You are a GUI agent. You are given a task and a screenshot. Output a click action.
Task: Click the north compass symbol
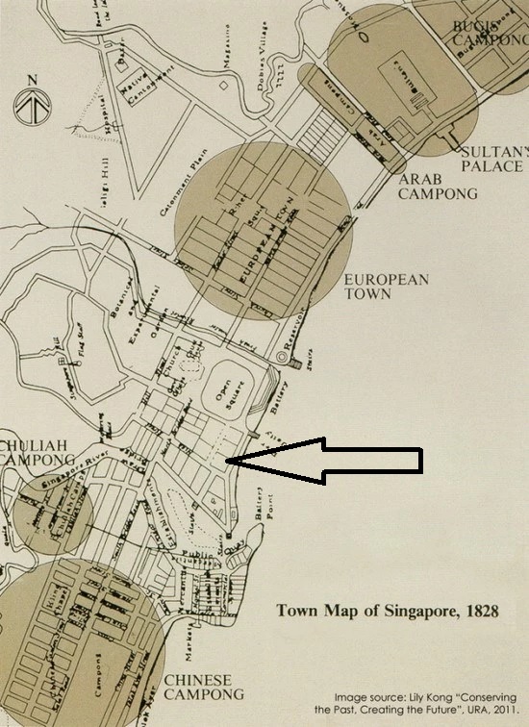33,98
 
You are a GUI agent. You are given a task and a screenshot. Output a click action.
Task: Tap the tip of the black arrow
229,462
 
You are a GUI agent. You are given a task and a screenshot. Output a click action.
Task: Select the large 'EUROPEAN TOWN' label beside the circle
386,287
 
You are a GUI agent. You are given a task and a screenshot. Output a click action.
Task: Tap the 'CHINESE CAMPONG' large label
197,687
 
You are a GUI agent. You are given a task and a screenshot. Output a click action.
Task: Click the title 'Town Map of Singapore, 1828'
388,610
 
